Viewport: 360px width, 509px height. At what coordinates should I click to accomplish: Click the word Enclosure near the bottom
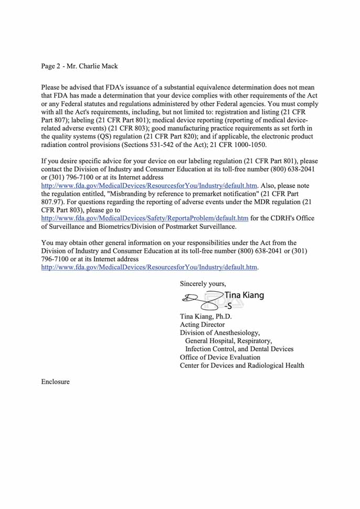pos(56,381)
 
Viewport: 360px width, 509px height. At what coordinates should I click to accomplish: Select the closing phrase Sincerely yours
pos(203,283)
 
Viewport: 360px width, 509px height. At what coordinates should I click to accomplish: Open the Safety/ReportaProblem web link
pos(145,218)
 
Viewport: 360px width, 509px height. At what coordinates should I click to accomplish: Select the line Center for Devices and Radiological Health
pos(242,366)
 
